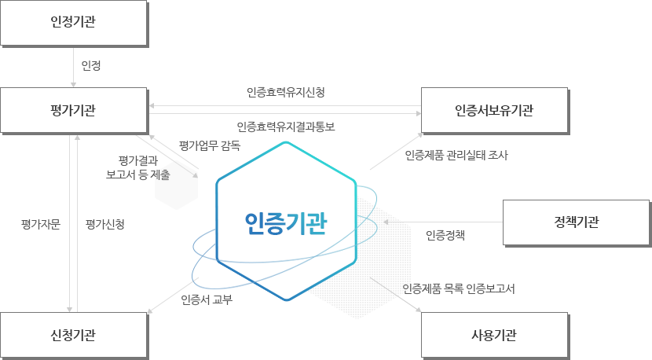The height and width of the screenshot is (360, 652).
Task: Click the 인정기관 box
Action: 73,22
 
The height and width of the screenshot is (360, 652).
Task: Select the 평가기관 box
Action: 73,110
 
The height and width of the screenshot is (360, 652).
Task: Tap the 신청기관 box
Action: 73,336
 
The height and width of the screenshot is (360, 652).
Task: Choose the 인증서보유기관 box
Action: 494,110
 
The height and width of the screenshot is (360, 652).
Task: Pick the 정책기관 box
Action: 576,222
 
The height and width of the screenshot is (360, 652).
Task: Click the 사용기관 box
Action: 494,336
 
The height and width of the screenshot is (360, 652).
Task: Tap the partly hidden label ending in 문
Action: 36,224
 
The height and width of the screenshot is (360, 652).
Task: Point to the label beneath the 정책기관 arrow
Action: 445,234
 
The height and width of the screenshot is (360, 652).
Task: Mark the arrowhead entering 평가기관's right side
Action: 153,105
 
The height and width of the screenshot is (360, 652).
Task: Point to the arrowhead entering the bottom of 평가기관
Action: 77,138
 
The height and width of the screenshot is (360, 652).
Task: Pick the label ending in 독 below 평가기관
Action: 210,145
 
